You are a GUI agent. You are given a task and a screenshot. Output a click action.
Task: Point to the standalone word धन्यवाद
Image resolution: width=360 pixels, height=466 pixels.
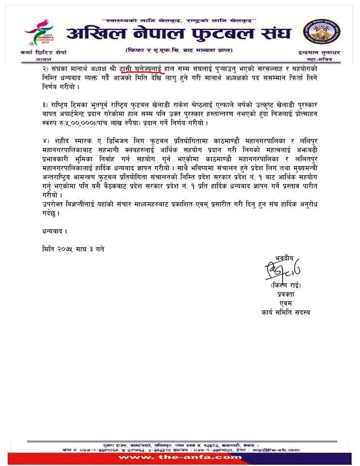pyautogui.click(x=52, y=231)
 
